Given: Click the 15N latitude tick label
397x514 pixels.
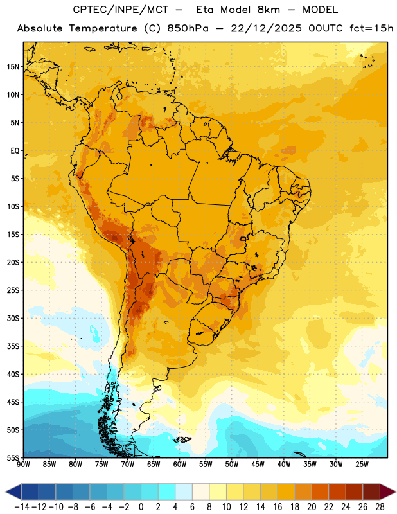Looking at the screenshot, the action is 13,67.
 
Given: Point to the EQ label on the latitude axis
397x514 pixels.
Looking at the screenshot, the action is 15,151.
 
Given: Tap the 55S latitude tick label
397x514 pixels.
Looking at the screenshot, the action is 13,457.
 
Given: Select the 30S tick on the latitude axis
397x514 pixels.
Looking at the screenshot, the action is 13,318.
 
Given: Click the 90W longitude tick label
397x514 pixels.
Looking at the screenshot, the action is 23,465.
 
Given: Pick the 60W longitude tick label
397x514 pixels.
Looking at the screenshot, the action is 180,465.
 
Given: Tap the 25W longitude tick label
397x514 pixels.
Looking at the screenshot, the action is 362,465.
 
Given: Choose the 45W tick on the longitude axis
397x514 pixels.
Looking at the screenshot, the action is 258,465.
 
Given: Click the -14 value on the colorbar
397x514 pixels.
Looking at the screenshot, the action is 22,507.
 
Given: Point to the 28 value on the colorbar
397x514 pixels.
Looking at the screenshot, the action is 380,507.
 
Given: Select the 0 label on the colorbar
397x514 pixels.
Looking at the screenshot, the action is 141,507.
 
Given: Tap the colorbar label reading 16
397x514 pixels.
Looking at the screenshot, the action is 278,507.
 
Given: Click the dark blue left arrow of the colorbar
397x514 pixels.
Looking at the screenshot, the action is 13,492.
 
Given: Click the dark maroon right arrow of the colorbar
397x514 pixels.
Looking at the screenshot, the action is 388,492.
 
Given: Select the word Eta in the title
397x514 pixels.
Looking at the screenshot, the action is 205,10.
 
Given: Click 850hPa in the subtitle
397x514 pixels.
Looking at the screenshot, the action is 188,28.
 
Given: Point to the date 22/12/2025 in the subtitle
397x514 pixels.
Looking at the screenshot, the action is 266,28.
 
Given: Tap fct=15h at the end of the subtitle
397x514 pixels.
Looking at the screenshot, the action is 371,28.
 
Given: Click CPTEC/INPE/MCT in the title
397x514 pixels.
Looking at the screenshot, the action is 121,10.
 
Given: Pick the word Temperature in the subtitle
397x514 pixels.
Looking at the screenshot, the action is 103,29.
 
